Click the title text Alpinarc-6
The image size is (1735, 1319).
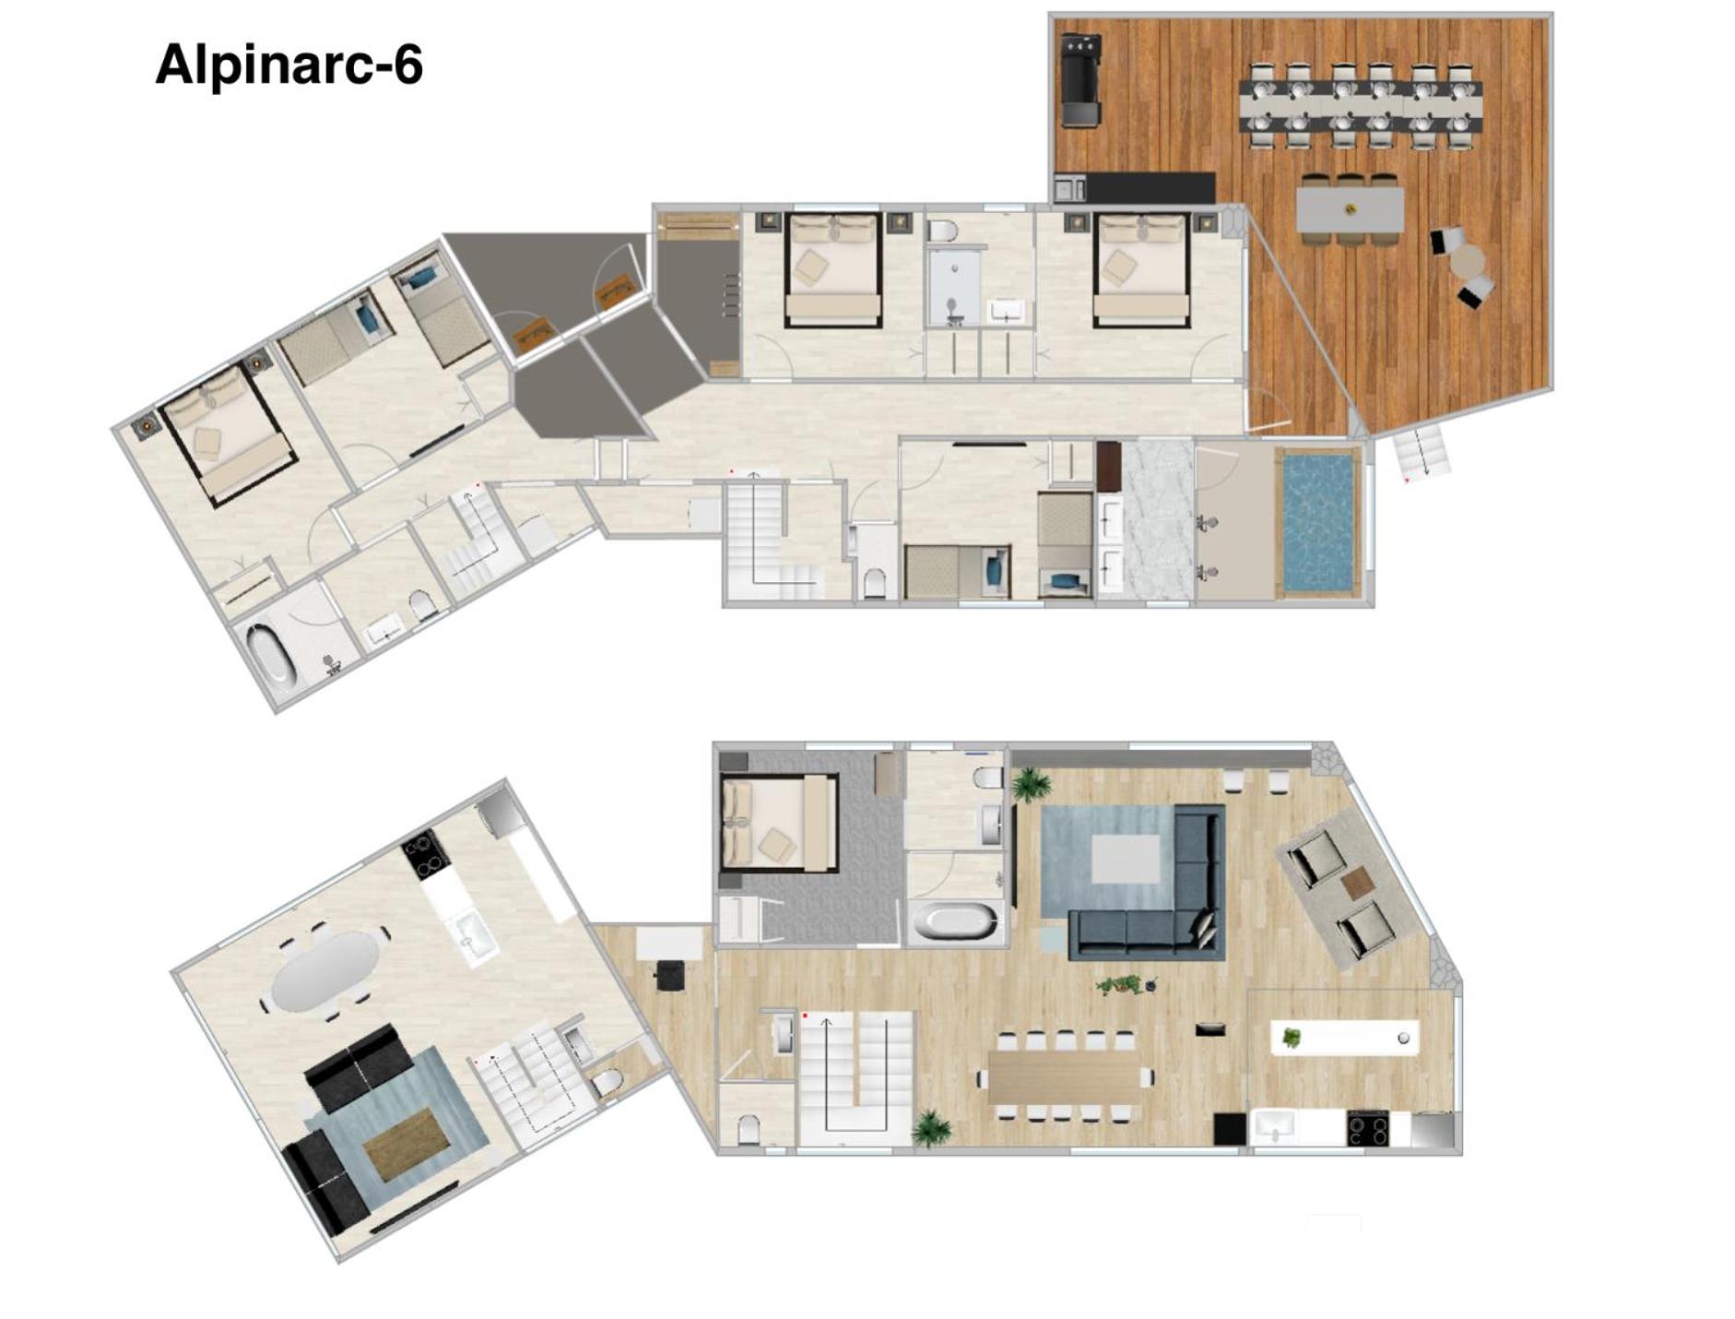[x=289, y=65]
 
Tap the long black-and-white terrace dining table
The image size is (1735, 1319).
[x=1361, y=106]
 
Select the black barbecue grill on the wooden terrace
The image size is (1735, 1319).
[x=1082, y=80]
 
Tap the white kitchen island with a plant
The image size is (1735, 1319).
[x=1344, y=1038]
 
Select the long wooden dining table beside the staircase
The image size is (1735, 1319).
[x=1066, y=1076]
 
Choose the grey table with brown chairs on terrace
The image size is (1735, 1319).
[x=1350, y=210]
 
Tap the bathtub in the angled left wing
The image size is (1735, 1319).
[x=272, y=653]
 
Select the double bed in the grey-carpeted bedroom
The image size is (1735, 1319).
[x=780, y=822]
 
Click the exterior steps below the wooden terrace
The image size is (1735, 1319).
[x=1421, y=453]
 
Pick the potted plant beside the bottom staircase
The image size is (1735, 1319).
[x=931, y=1128]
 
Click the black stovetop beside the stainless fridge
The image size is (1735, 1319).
[x=1368, y=1129]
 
